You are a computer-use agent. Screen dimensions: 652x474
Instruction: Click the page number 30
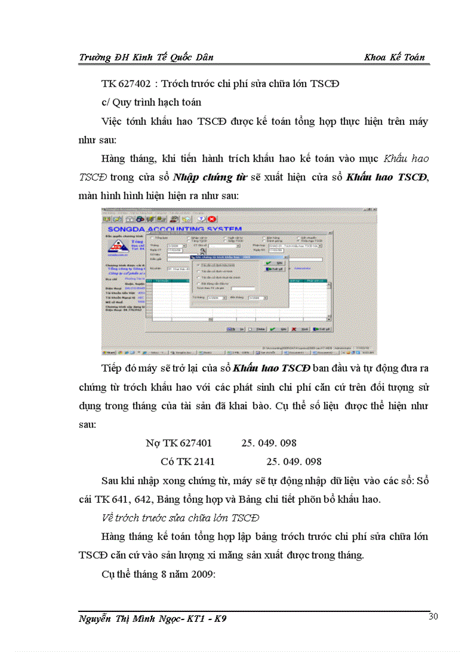coord(433,617)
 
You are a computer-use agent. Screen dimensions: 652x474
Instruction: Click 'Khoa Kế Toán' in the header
coord(394,57)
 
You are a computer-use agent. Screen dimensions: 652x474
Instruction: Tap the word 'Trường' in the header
coord(94,57)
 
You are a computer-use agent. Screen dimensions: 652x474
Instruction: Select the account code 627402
coord(137,84)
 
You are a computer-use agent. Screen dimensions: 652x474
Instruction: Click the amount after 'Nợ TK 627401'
coord(268,443)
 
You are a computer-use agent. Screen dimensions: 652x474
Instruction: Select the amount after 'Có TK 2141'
coord(293,462)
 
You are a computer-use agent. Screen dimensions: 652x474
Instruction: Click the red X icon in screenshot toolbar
coord(212,219)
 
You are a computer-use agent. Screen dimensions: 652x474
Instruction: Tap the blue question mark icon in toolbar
coord(201,219)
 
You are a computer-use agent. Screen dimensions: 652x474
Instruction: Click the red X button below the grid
coord(295,329)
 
